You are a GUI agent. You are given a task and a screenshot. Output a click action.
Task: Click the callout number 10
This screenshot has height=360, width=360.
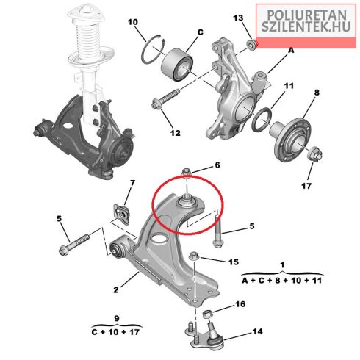(133, 22)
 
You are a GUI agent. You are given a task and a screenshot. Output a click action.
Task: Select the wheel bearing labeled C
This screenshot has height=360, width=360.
(177, 64)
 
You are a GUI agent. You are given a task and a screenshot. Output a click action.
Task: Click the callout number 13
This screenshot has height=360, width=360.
(238, 18)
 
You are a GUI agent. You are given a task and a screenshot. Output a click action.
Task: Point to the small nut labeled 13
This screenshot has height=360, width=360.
(251, 45)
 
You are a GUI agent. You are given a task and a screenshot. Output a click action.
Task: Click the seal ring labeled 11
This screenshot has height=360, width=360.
(262, 119)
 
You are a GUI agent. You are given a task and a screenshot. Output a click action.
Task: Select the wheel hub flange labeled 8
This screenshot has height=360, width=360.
(292, 140)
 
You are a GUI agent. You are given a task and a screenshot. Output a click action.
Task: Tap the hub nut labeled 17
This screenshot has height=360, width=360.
(314, 154)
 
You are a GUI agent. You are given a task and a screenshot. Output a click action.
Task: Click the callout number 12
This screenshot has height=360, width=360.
(175, 133)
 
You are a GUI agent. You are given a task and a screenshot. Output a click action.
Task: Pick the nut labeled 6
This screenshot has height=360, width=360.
(187, 172)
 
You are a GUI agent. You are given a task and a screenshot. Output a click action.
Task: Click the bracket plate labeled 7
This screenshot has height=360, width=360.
(122, 215)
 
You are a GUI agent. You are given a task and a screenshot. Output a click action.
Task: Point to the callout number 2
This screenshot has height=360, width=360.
(116, 290)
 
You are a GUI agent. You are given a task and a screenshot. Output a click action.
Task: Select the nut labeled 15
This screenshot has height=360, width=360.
(194, 257)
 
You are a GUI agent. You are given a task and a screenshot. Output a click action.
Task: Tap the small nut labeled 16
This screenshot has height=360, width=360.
(208, 314)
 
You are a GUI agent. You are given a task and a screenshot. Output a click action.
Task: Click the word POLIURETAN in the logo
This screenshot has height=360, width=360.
(306, 15)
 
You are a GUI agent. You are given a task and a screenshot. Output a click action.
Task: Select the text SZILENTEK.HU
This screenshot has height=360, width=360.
(306, 26)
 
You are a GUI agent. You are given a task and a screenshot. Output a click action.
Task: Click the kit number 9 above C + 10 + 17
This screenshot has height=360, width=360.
(117, 318)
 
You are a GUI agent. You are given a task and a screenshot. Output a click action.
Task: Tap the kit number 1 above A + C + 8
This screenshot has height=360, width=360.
(282, 264)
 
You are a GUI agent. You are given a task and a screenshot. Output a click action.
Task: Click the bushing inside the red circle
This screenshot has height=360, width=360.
(186, 202)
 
